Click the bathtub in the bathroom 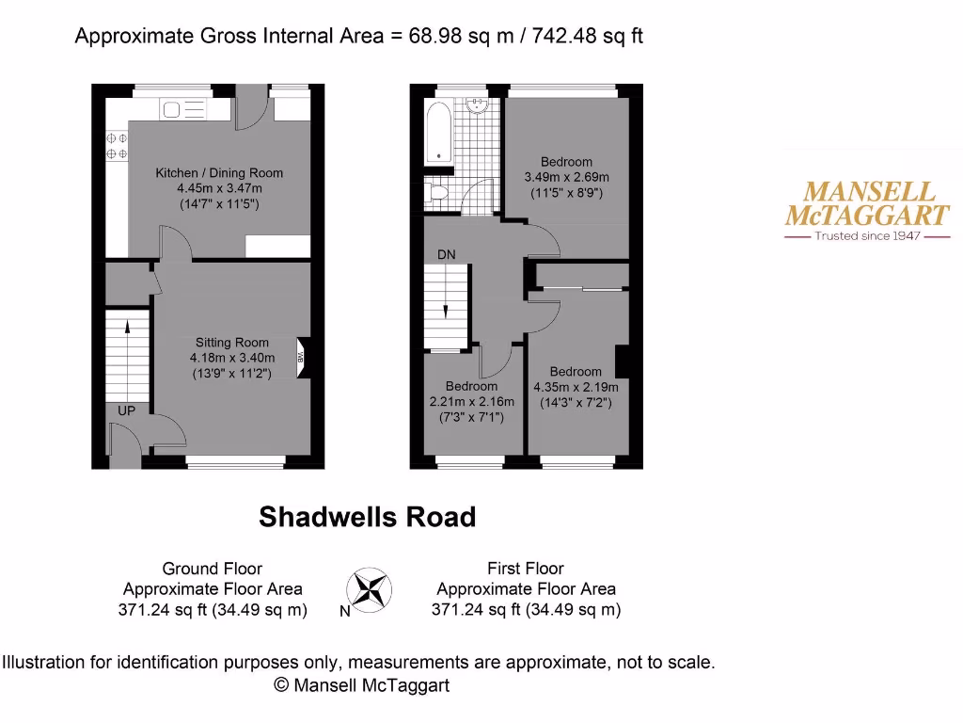click(438, 132)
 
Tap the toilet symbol click(435, 193)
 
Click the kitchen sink click(183, 110)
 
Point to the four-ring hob click(117, 146)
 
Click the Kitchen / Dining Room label click(219, 173)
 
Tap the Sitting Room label click(232, 343)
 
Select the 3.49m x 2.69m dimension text click(566, 177)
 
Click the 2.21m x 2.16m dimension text click(471, 401)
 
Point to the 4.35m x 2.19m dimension click(576, 387)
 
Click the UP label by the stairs click(126, 411)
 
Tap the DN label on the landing click(446, 255)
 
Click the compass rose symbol click(370, 590)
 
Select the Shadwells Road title click(367, 517)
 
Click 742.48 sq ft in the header click(588, 37)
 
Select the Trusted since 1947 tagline click(854, 235)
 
